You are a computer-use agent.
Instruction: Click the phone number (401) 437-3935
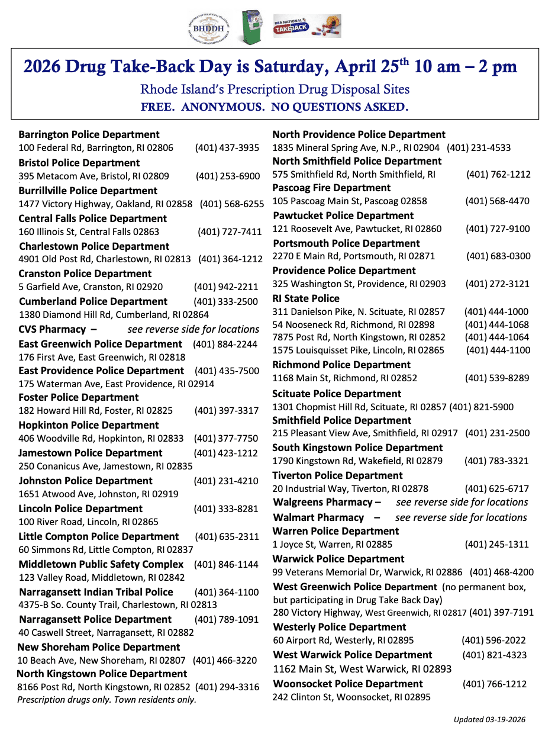227,148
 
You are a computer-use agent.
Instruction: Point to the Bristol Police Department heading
79,162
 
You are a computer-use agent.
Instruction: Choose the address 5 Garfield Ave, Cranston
91,287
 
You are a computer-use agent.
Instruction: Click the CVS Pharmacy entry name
52,329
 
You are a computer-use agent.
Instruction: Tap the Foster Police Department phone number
227,411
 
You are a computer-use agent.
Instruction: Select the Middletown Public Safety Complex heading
101,564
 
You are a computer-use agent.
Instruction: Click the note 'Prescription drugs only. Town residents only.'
107,700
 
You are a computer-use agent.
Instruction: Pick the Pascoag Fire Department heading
331,188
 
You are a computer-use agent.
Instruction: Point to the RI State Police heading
306,298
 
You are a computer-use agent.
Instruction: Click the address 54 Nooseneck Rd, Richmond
353,324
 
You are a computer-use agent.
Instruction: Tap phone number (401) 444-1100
498,350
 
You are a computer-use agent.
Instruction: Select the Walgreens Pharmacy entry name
322,502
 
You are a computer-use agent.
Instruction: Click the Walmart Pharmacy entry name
318,517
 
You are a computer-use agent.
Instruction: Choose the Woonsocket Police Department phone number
494,684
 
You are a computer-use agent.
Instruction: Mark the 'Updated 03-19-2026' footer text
489,720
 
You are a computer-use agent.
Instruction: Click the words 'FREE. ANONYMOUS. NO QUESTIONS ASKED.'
275,108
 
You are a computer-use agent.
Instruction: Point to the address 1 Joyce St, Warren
332,545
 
